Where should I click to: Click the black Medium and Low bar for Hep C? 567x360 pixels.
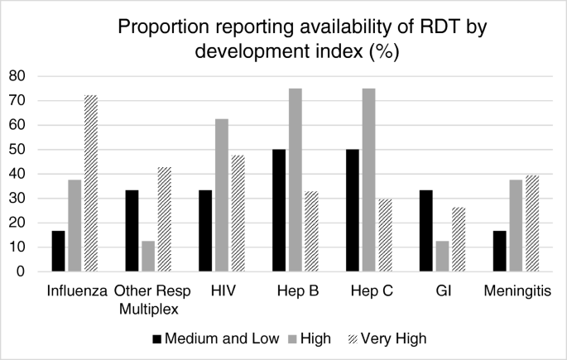(x=353, y=210)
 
